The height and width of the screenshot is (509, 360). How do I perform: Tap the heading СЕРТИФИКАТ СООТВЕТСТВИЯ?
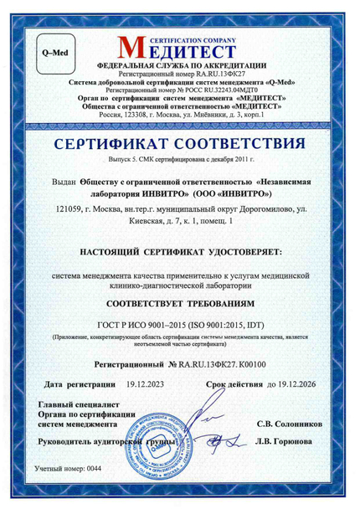coord(180,146)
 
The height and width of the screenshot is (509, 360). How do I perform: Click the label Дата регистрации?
coord(79,383)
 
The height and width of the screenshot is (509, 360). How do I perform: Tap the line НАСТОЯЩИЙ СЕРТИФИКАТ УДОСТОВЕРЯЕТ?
coord(180,251)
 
